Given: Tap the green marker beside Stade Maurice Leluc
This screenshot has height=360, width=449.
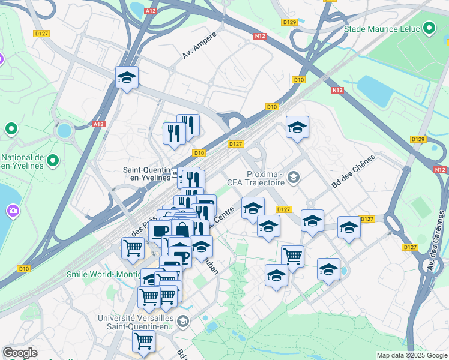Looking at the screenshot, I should (x=429, y=28).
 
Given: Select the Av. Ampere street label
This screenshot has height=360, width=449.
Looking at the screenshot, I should (x=199, y=45).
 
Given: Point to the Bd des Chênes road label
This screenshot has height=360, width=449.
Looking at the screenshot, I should (x=352, y=172).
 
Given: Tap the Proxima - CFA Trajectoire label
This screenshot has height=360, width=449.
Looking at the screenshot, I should (x=255, y=176).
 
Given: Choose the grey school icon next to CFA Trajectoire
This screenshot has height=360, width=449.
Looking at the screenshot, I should (x=294, y=176).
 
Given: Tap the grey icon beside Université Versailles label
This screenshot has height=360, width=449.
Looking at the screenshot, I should (x=183, y=322).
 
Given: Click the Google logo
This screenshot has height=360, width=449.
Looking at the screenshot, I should (x=20, y=353).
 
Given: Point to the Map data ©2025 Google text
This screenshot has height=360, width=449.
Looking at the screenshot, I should (x=412, y=355).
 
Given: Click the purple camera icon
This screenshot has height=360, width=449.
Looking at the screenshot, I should (x=13, y=211).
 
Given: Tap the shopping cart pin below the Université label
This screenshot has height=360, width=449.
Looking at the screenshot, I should (x=143, y=341).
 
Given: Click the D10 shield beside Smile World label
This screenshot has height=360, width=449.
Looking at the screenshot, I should (x=24, y=269).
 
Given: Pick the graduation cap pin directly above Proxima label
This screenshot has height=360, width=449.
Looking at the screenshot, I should (x=297, y=128).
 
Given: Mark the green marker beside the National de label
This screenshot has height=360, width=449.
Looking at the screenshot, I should (x=53, y=160).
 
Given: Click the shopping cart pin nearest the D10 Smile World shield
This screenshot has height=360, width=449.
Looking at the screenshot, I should (x=133, y=247).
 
